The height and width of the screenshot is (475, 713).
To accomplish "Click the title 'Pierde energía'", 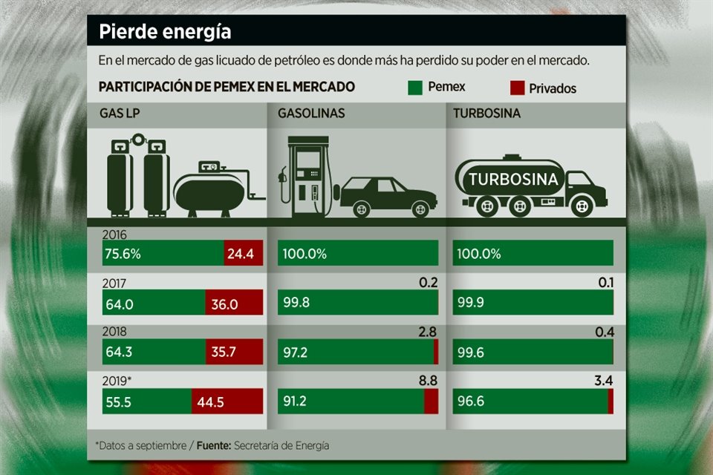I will click(165, 33).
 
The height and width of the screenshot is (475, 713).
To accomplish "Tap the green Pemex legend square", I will click(415, 87).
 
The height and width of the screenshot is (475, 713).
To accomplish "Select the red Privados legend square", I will click(517, 88).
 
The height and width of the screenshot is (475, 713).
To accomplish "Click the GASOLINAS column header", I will click(311, 114).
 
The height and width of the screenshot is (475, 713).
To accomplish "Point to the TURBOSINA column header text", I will click(487, 114).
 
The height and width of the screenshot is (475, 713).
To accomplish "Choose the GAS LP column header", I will click(122, 114).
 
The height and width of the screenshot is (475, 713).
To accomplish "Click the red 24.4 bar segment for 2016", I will click(243, 254).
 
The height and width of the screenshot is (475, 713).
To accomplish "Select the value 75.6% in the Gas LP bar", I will click(123, 254).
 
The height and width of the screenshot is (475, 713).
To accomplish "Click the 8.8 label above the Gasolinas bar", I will click(429, 380).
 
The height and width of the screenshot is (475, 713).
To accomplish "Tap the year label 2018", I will click(116, 332).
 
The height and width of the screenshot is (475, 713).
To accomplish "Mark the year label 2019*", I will click(119, 381).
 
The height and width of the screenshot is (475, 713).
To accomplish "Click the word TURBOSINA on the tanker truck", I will click(513, 179).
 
